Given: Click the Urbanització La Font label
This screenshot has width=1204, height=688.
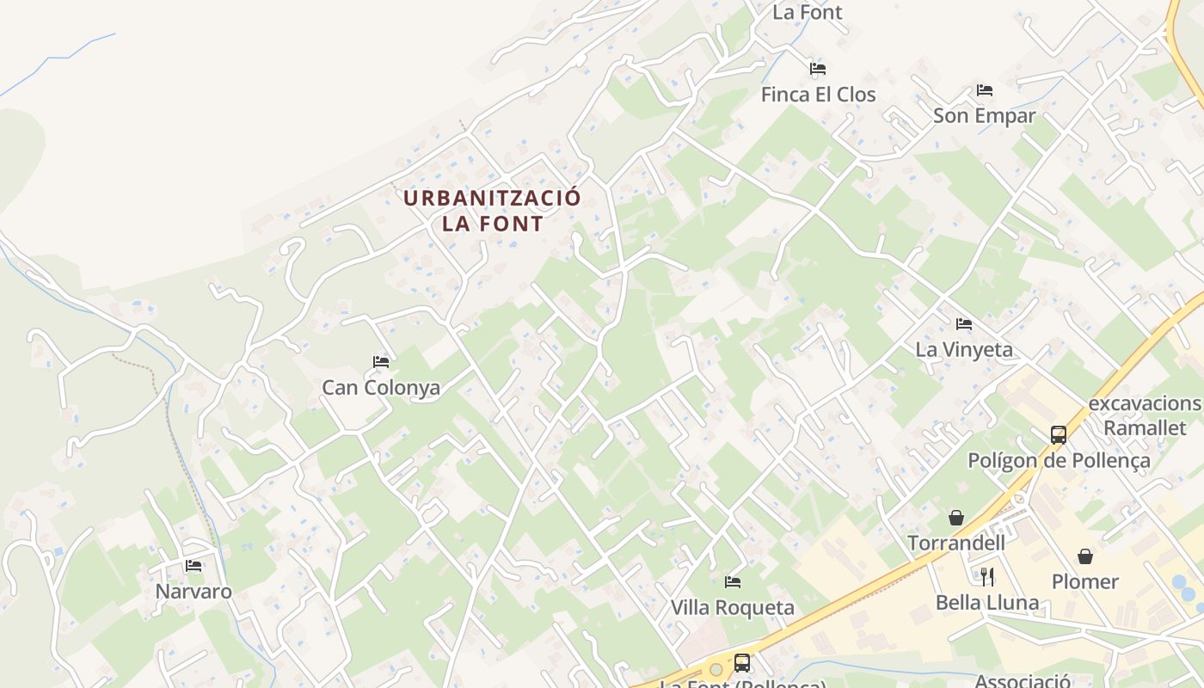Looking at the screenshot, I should tap(493, 211).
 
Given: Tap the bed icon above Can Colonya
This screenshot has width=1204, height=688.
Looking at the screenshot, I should tap(381, 362).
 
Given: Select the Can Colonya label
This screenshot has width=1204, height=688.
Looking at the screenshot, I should tap(381, 388).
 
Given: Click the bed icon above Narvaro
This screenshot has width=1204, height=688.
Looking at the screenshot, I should tap(193, 566).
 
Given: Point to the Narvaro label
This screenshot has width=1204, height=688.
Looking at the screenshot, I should tap(193, 592).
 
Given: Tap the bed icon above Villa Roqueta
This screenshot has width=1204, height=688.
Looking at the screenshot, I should tap(733, 582).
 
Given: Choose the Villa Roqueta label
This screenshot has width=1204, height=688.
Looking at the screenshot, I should tap(733, 608).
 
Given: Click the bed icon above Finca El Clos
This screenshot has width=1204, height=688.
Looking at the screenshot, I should tap(818, 69).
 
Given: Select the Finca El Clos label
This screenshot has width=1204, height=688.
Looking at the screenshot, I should tap(818, 95).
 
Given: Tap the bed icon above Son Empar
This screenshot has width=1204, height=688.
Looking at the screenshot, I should tap(985, 90).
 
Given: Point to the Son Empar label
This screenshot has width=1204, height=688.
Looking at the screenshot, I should tap(985, 116).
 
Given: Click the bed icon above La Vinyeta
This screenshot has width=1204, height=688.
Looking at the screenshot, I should tap(964, 324).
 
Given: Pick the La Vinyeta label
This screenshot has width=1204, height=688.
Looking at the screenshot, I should tap(964, 350).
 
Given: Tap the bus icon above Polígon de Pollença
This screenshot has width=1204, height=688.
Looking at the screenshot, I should tap(1059, 435).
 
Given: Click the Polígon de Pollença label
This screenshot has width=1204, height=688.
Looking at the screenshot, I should tap(1059, 461).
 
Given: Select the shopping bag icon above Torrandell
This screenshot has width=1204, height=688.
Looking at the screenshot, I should tap(955, 518).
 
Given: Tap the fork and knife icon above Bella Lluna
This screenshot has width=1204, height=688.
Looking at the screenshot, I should tap(987, 576).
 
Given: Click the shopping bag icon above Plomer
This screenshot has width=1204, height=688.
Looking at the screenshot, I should tap(1085, 556).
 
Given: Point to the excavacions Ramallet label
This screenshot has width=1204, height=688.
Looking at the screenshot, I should tap(1145, 416).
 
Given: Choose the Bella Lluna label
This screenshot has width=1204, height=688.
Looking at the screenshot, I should tap(987, 603).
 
